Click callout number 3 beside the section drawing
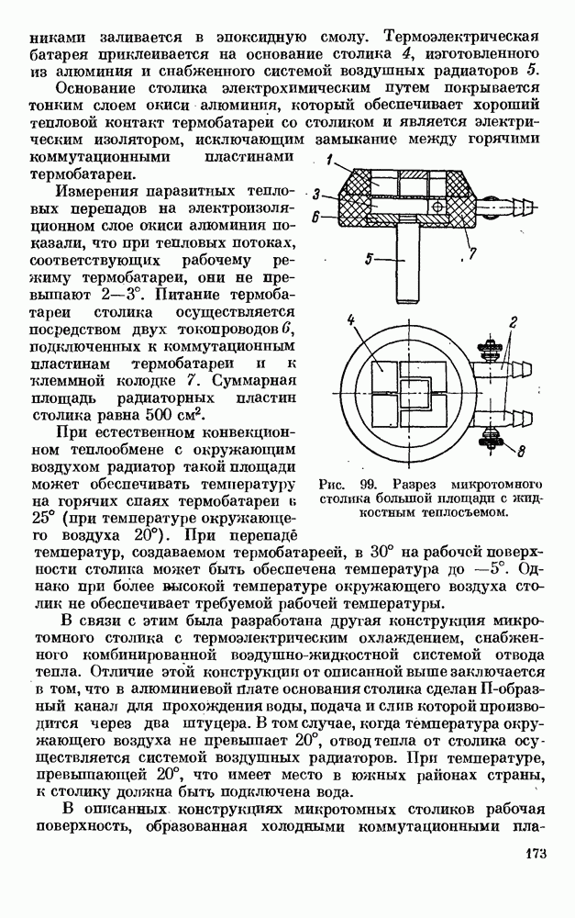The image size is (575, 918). tap(315, 195)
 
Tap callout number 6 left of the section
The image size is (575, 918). tap(315, 218)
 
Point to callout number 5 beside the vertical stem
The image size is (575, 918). tap(368, 260)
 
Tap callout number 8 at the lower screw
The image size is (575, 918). tap(522, 451)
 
